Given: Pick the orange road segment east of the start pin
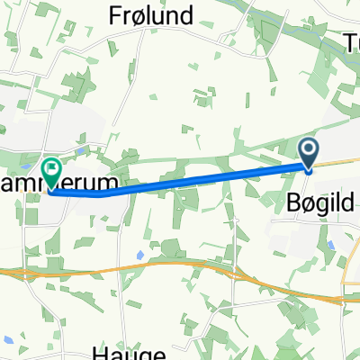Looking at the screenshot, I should point(337,163).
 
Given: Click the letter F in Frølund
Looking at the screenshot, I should point(115,15).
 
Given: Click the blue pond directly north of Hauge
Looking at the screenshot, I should point(140,255).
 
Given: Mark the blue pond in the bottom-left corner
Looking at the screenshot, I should point(7,339).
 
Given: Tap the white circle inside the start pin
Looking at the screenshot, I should point(308,149).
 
